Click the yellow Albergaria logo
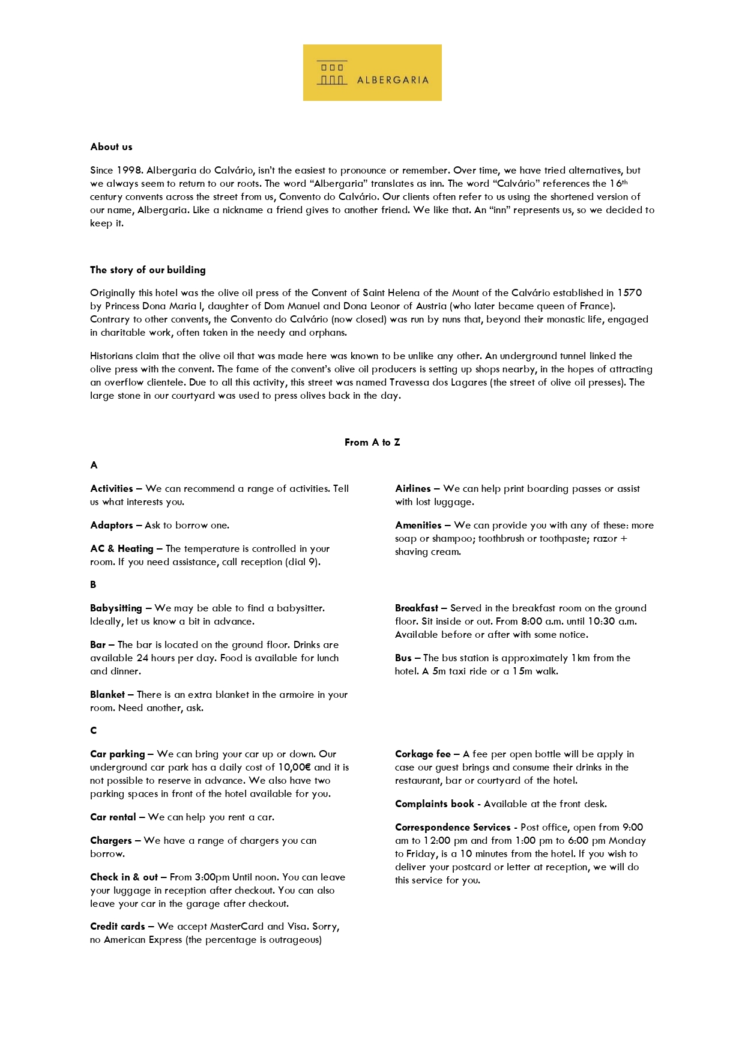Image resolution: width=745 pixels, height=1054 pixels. click(x=372, y=73)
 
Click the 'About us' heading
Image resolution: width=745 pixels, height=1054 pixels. click(x=111, y=147)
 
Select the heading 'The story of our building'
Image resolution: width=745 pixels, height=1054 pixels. click(x=148, y=270)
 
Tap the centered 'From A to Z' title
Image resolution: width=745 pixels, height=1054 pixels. click(x=372, y=442)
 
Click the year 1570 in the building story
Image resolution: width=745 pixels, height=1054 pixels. click(x=630, y=293)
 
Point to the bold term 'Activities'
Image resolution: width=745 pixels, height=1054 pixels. click(x=112, y=489)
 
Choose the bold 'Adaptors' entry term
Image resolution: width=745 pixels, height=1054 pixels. click(x=112, y=525)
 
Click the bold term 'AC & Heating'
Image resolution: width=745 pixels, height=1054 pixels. click(x=122, y=549)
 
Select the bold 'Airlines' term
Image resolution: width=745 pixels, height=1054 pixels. click(x=413, y=489)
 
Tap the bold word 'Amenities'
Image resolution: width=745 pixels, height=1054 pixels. click(x=418, y=525)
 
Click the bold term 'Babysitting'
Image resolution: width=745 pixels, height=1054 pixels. click(x=116, y=608)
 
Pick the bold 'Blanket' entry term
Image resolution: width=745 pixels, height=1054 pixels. click(x=107, y=695)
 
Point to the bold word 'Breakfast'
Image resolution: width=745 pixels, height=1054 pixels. click(x=417, y=608)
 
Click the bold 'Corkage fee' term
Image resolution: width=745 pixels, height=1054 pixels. click(x=423, y=754)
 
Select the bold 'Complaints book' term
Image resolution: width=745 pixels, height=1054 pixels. click(x=435, y=804)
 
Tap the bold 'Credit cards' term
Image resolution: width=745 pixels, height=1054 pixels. click(x=118, y=927)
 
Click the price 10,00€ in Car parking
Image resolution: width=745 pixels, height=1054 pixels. click(x=294, y=768)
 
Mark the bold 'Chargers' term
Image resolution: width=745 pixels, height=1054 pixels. click(x=111, y=841)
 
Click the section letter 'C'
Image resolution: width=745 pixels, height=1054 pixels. click(x=93, y=731)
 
